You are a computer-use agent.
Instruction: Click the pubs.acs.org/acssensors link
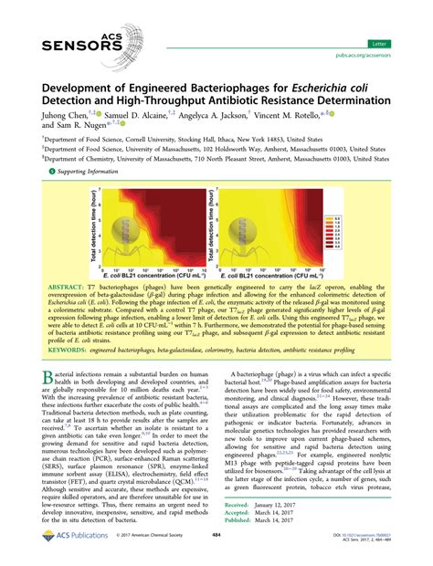tap(386, 57)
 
